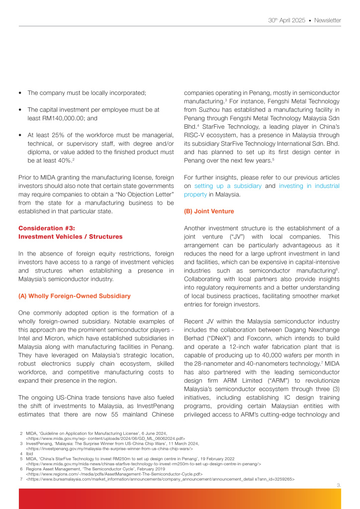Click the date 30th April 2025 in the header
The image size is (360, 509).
tap(286, 20)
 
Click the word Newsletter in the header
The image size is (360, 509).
tap(327, 20)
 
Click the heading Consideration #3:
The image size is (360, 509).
tap(47, 228)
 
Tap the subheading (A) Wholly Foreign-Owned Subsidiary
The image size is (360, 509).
tap(74, 296)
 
